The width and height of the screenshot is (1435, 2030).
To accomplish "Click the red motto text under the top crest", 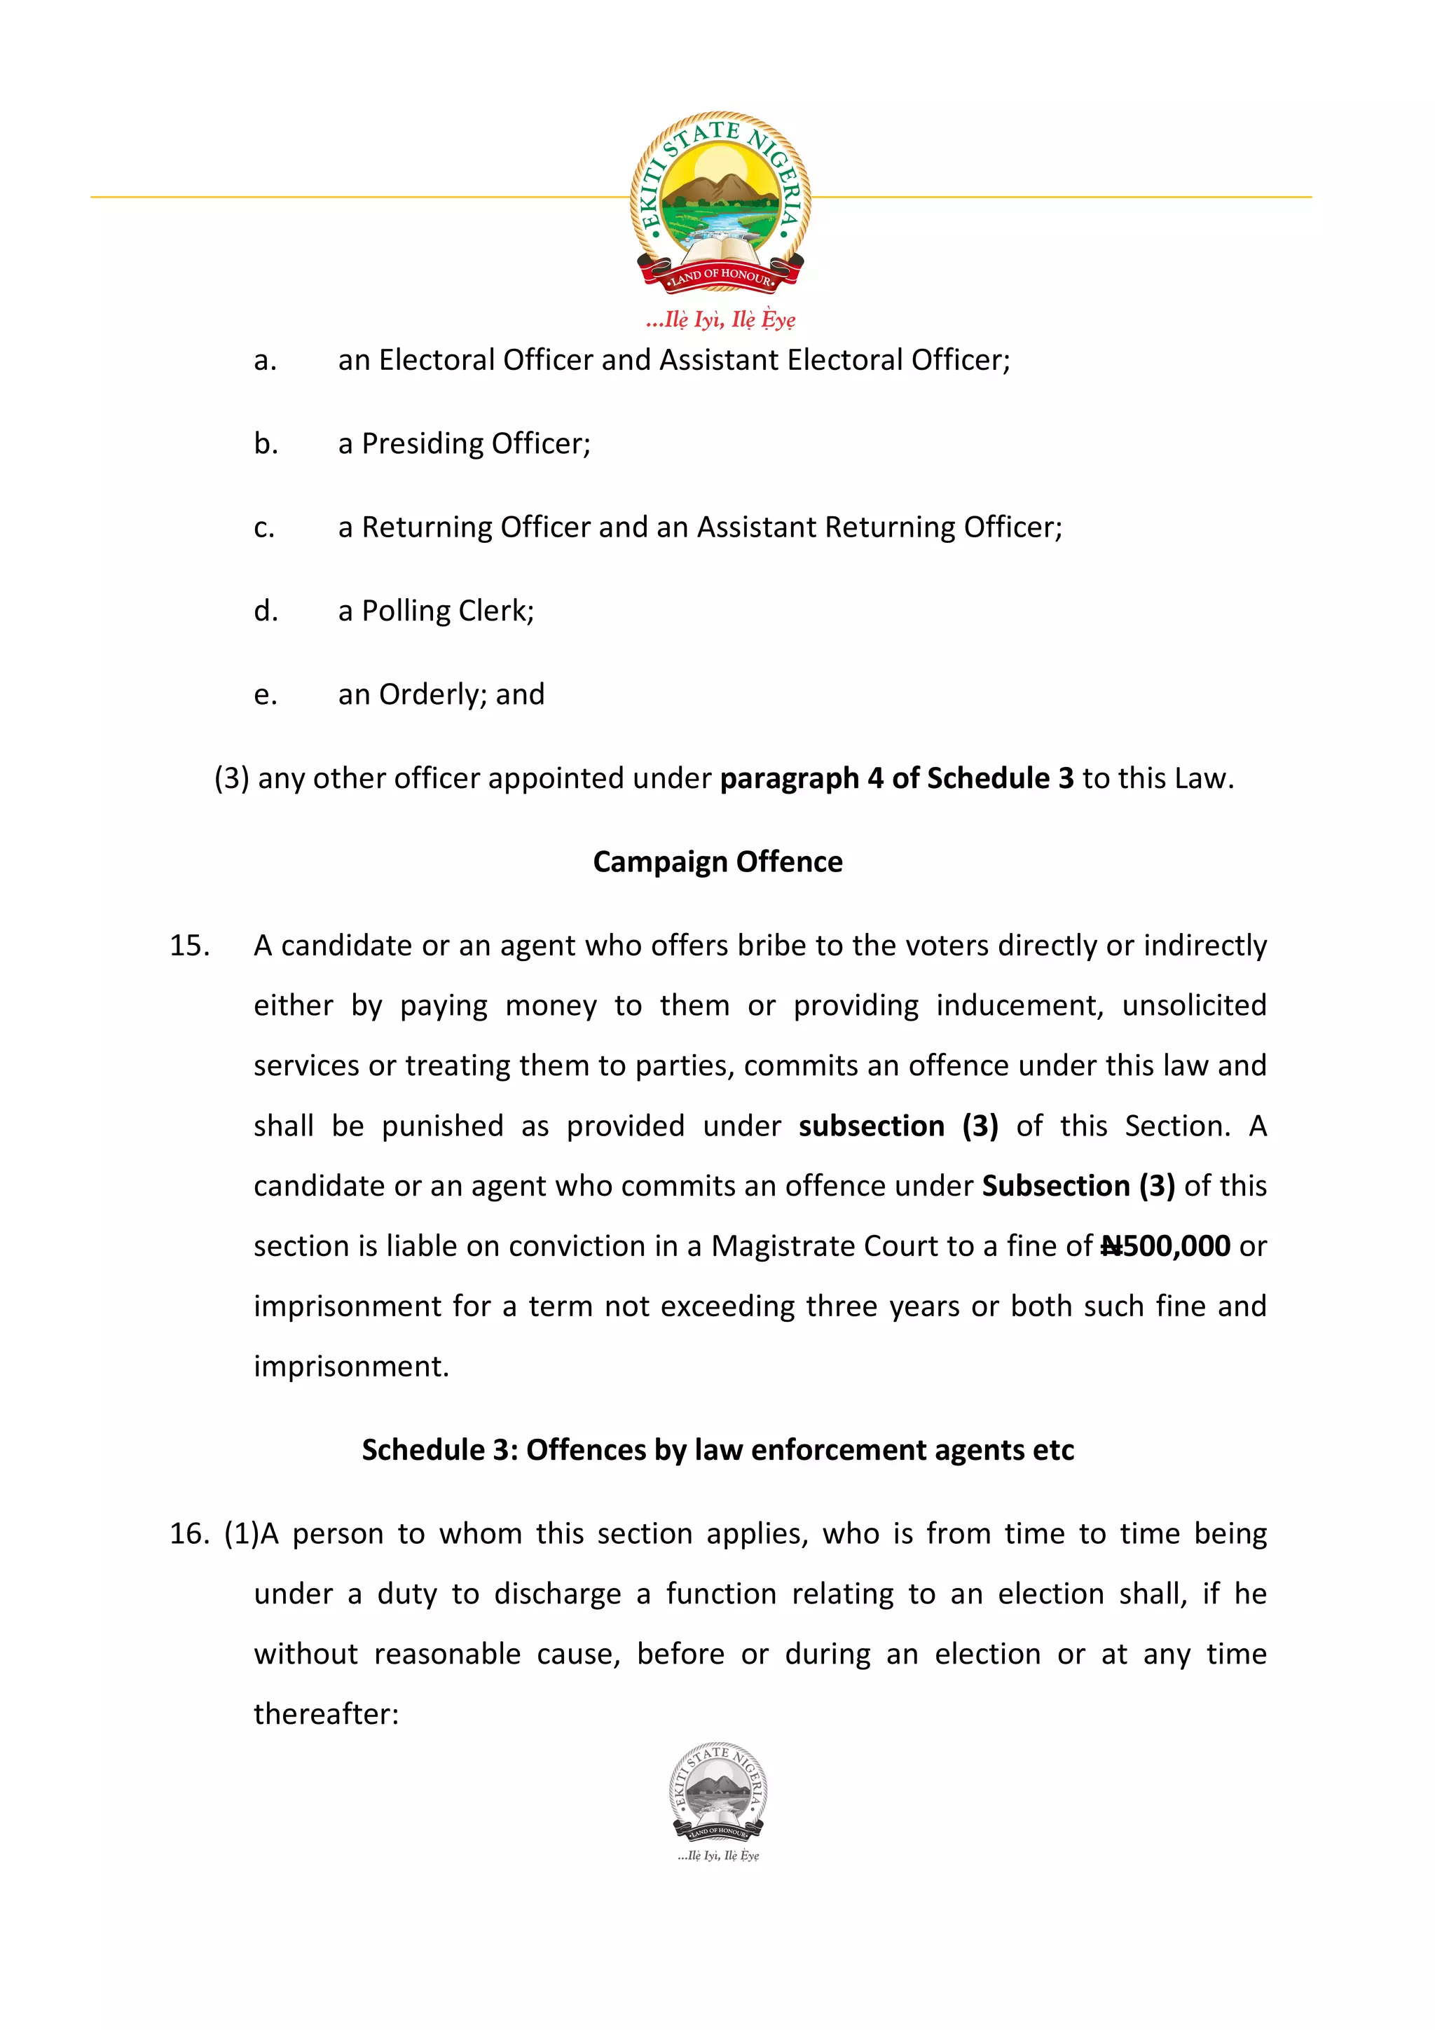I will pyautogui.click(x=720, y=319).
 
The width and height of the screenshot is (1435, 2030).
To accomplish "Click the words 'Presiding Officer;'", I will pyautogui.click(x=476, y=444).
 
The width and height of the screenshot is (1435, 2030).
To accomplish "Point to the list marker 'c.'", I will pyautogui.click(x=264, y=528).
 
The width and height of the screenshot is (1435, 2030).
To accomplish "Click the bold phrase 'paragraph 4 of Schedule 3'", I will pyautogui.click(x=895, y=778).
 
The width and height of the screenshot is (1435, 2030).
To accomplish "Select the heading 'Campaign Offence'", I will pyautogui.click(x=717, y=861).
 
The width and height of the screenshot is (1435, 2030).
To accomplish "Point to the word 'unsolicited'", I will pyautogui.click(x=1194, y=1005).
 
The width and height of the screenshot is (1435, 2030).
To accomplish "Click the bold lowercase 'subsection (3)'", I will pyautogui.click(x=898, y=1126).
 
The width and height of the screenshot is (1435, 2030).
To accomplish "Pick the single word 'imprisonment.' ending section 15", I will pyautogui.click(x=351, y=1366).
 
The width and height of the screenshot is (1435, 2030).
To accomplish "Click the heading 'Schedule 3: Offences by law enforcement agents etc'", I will pyautogui.click(x=717, y=1450).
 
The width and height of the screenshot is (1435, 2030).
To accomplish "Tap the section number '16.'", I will pyautogui.click(x=189, y=1533).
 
